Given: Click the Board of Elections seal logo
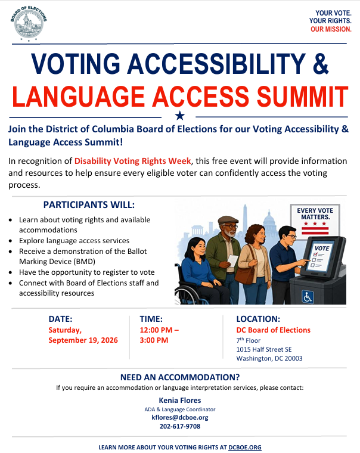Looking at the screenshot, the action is tap(29, 23).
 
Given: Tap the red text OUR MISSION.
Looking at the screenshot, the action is tap(331, 29).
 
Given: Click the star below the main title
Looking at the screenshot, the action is tap(180, 116).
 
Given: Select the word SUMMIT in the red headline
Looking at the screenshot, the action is tap(303, 97).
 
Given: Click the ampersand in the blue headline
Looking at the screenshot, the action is tap(321, 63).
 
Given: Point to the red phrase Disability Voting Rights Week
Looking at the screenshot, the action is tap(133, 161).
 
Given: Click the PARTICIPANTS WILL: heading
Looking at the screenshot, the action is tap(89, 205).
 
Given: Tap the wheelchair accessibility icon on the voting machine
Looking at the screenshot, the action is tap(308, 297).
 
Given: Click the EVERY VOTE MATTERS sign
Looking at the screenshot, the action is tap(315, 221).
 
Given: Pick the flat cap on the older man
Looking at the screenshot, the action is tap(228, 220).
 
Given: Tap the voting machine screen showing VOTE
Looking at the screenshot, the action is tap(320, 257).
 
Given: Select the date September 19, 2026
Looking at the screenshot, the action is tap(83, 340).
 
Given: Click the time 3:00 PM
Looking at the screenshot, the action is tap(154, 340).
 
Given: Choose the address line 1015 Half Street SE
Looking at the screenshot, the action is tap(264, 349).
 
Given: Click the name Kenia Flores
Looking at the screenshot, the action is tap(180, 401).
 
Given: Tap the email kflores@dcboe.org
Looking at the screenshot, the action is tap(180, 417).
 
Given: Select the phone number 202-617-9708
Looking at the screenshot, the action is tap(180, 426).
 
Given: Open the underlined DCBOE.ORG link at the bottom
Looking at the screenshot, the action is tap(245, 447).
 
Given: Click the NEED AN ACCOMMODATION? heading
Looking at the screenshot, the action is tap(180, 377).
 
